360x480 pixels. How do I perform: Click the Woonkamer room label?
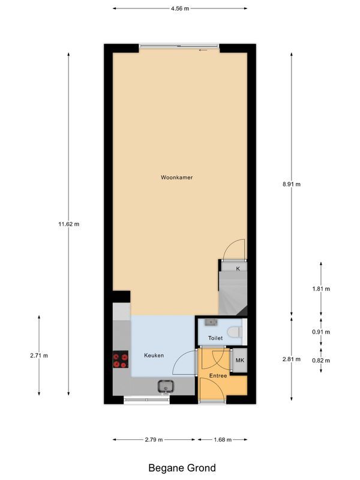(x=176, y=178)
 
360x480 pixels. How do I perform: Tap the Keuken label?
(x=154, y=355)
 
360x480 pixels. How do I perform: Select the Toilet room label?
(x=215, y=338)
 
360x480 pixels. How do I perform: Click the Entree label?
(x=218, y=376)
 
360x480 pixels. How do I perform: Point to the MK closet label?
(x=239, y=360)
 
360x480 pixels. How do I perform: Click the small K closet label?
(x=238, y=268)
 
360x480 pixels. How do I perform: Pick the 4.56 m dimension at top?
(x=180, y=8)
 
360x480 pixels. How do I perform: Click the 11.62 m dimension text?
(x=68, y=224)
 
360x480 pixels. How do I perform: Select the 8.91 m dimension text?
(x=291, y=184)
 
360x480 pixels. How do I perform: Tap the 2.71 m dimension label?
(x=39, y=355)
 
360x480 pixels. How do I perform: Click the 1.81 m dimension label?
(x=321, y=289)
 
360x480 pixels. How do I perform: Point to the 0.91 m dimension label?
(x=321, y=332)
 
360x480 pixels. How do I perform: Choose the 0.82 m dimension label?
(x=321, y=360)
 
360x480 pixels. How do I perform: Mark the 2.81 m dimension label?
(x=291, y=359)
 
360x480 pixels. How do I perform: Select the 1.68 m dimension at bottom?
(x=222, y=440)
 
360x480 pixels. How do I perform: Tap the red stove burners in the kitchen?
(x=121, y=359)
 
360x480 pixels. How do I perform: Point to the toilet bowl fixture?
(x=236, y=331)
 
